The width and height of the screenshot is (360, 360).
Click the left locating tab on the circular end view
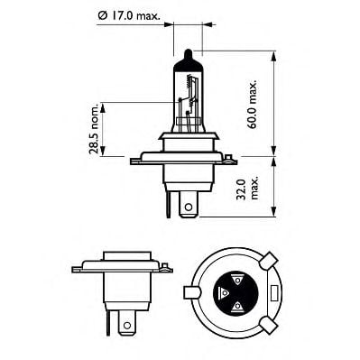(x=190, y=292)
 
